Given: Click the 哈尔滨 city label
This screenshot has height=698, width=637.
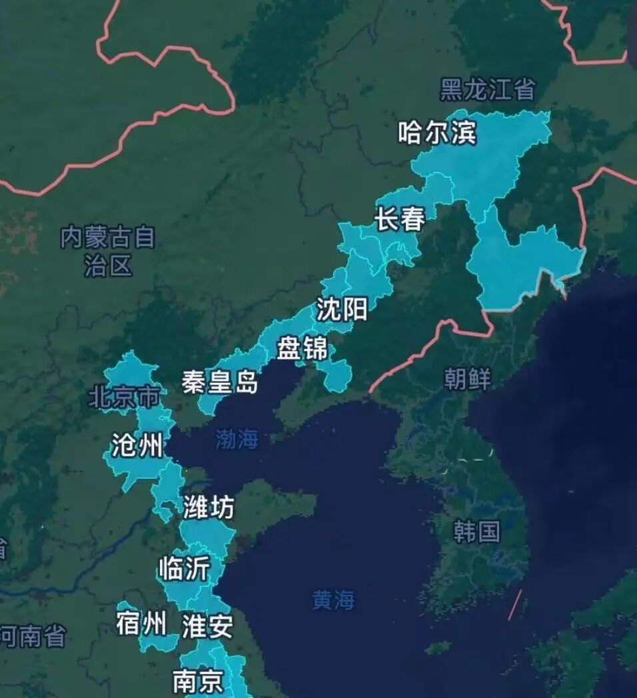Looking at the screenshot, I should coord(437,133).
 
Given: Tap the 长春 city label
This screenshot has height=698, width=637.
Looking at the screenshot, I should coord(400,218).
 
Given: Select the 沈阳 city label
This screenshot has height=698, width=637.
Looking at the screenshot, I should coord(342,309).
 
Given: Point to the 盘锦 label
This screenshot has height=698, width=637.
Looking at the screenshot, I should coord(302,348).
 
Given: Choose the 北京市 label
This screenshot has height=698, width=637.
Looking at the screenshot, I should coord(125,398).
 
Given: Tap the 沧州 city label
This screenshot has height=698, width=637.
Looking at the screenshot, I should coord(137,446).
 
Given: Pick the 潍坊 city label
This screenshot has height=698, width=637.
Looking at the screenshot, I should coord(209,508).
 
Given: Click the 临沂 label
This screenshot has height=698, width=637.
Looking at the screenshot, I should coord(184,569).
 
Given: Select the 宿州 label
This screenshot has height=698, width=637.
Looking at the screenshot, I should coord(141,624).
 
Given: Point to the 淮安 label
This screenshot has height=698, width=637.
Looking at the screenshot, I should coord(207,627).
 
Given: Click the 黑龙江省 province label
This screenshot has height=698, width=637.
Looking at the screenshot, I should coord(488,89).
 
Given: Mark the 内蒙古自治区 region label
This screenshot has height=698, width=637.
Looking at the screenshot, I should coord(108,251).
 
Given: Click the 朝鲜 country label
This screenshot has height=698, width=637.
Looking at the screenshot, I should coord(467,379).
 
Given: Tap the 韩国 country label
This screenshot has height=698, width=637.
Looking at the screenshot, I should coord(476,531).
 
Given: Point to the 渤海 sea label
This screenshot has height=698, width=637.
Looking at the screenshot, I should coord(237,439).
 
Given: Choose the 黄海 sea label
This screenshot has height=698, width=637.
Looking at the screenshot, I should coord(334,600).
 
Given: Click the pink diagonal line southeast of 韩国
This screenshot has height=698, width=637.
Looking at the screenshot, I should coord(515,605).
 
